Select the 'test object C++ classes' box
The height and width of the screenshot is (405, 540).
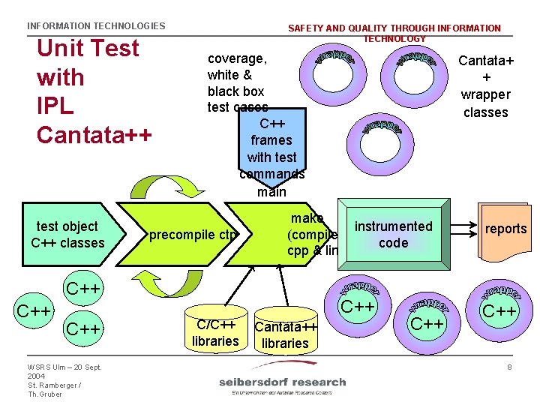67,235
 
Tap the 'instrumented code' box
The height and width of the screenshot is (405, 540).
394,235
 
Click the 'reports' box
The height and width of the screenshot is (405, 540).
505,229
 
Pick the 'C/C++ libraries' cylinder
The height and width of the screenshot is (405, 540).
215,329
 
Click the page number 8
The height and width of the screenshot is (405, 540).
509,367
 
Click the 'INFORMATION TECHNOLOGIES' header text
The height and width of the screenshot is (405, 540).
96,26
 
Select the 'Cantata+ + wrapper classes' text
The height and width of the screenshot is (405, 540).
485,86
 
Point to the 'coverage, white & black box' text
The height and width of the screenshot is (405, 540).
237,74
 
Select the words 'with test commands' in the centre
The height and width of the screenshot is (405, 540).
271,166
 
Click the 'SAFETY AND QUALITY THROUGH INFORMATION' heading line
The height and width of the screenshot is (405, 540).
394,28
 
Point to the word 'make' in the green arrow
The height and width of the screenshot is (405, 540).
307,218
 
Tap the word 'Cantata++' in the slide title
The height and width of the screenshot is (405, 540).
94,135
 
